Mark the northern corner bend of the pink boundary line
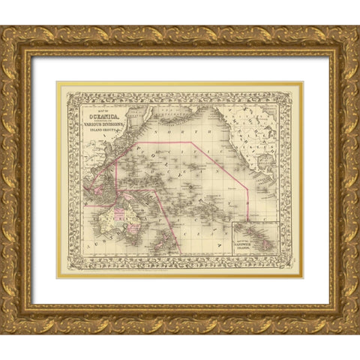193,140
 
